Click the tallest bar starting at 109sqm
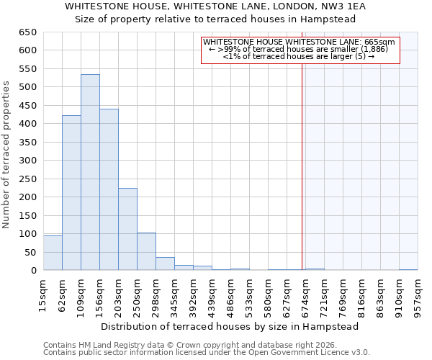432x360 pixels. tap(90, 173)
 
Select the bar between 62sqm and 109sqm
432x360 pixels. tap(71, 193)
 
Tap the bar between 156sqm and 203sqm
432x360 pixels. tap(109, 189)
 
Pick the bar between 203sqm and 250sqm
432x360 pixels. tap(127, 229)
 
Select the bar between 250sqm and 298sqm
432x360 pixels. tap(146, 251)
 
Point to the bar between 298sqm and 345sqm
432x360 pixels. tap(165, 264)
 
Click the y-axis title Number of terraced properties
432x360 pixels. tap(6, 154)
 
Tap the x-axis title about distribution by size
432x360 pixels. tap(230, 326)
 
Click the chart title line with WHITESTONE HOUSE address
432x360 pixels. tap(215, 6)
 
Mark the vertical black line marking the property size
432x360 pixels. tap(302, 166)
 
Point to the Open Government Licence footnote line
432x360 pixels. tap(207, 353)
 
